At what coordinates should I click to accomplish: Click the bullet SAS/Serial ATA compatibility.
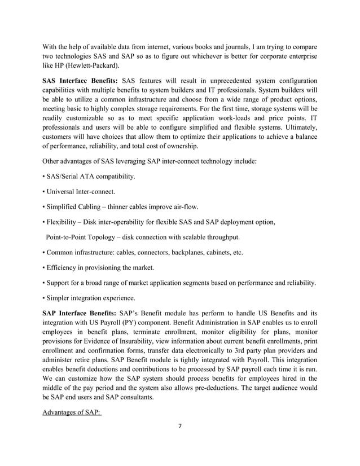click(x=90, y=177)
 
